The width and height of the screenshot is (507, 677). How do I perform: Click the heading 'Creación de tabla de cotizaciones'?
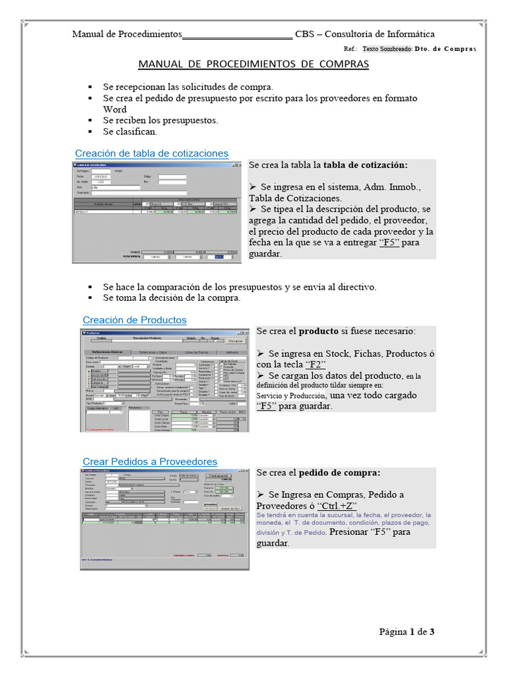point(151,153)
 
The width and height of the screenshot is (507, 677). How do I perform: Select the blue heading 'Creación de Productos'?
point(134,320)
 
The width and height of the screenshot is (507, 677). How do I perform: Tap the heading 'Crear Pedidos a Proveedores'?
point(149,461)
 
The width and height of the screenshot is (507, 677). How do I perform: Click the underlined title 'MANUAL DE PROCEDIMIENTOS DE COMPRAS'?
point(253,64)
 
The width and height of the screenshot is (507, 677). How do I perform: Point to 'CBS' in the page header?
point(305,34)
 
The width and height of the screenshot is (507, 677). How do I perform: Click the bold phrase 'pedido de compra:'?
point(339,473)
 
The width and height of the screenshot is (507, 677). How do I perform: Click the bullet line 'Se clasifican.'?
point(130,132)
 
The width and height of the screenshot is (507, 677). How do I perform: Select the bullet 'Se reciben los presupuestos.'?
point(160,120)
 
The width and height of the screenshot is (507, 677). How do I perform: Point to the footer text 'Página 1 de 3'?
point(407,632)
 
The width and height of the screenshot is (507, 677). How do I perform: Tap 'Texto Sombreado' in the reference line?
point(387,49)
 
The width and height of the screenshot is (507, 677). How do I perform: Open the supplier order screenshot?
point(165,519)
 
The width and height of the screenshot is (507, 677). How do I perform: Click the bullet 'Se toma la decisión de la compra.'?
point(172,298)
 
